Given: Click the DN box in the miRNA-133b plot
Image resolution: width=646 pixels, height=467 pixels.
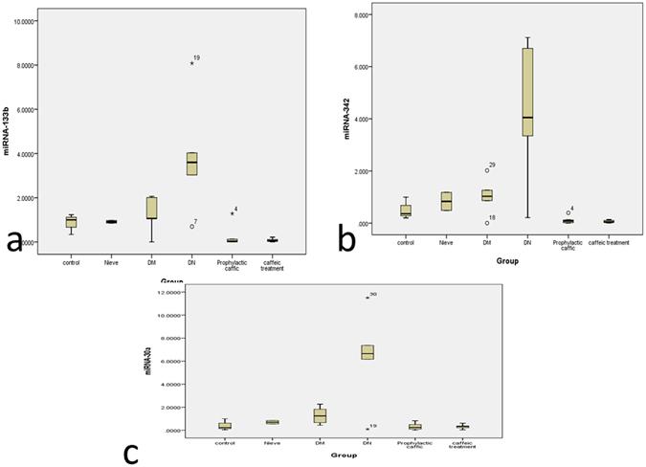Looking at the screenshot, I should pyautogui.click(x=191, y=163).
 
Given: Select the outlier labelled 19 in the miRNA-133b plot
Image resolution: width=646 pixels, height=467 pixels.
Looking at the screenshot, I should pyautogui.click(x=191, y=63).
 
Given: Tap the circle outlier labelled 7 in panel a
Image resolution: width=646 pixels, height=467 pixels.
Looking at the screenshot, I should pyautogui.click(x=191, y=226).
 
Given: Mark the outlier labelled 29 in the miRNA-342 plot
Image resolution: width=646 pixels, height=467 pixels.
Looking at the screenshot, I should pyautogui.click(x=486, y=170).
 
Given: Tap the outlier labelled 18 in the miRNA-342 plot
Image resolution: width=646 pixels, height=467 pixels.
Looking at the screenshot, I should pyautogui.click(x=486, y=222).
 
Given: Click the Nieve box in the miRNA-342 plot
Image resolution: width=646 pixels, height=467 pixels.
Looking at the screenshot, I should pyautogui.click(x=446, y=201).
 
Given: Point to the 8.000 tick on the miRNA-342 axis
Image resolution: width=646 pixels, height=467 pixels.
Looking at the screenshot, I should pyautogui.click(x=386, y=15).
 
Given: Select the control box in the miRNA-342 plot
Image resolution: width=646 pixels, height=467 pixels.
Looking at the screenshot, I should pyautogui.click(x=406, y=211).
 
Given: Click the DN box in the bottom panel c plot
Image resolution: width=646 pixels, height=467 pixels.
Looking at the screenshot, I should pyautogui.click(x=367, y=351).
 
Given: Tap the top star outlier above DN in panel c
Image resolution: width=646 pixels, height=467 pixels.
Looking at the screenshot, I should pyautogui.click(x=367, y=298).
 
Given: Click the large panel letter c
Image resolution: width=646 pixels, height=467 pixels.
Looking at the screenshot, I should pyautogui.click(x=132, y=448).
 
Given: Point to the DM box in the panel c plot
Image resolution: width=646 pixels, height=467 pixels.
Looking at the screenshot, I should pyautogui.click(x=319, y=415).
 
